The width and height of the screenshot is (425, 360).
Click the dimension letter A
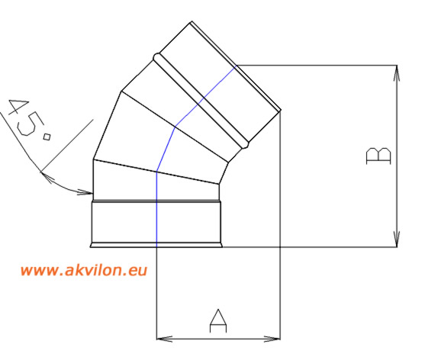[x=218, y=321]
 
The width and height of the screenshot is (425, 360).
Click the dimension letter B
[x=378, y=156]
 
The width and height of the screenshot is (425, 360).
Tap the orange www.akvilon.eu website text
[x=84, y=270]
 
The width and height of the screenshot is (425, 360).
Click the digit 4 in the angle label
[x=18, y=108]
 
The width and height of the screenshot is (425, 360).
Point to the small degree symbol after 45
[x=47, y=137]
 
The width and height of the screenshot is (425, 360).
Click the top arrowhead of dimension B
[x=397, y=73]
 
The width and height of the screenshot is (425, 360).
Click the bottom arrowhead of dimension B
[x=397, y=239]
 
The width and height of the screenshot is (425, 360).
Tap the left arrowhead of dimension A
[x=165, y=339]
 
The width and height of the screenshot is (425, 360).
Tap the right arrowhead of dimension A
[x=272, y=339]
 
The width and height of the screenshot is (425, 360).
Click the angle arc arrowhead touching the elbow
[x=85, y=192]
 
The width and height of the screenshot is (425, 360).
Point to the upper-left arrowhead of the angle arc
[x=47, y=177]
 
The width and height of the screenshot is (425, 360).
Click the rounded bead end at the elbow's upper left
[x=156, y=57]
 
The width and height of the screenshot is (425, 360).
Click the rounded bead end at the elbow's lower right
[x=245, y=144]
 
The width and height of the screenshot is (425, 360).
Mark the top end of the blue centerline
[x=237, y=66]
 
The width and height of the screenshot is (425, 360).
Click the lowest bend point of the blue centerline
[x=157, y=172]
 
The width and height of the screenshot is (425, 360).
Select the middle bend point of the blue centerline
[x=175, y=127]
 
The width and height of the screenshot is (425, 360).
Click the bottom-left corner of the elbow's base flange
[x=90, y=247]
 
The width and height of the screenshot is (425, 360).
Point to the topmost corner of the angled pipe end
[x=192, y=21]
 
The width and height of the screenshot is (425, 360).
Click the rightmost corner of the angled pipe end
[x=281, y=111]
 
